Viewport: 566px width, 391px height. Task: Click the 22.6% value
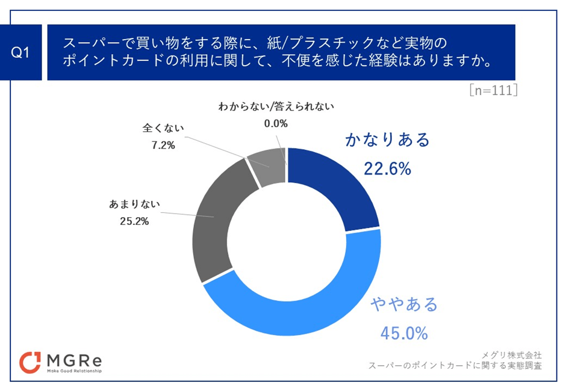tap(387, 169)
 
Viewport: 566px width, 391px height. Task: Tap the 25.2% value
tap(134, 220)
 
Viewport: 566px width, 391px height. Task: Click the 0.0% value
tap(275, 123)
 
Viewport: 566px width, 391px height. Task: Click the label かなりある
tap(388, 140)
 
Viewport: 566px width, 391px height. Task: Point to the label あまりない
tap(134, 204)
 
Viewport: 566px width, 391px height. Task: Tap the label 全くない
tap(163, 128)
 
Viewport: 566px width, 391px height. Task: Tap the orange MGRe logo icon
tap(30, 362)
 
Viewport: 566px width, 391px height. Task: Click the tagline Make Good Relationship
tap(74, 371)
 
